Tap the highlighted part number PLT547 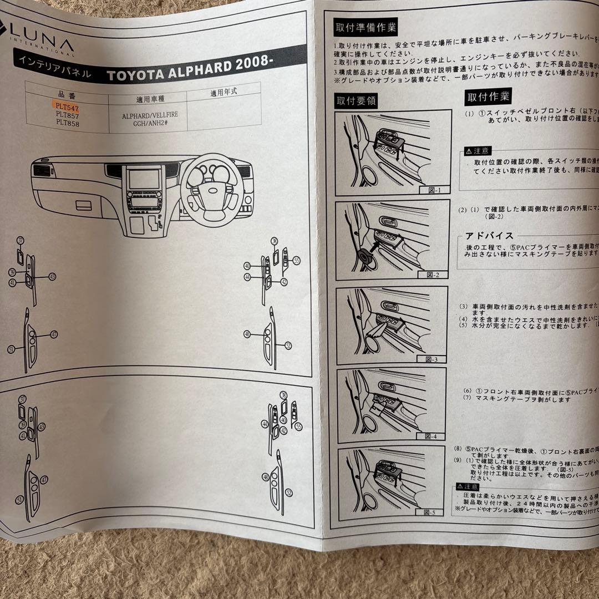(x=67, y=104)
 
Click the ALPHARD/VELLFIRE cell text (x=148, y=118)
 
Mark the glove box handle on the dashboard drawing (x=85, y=205)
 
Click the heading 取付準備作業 (x=366, y=27)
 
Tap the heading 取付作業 (x=488, y=97)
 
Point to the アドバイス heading (x=489, y=235)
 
